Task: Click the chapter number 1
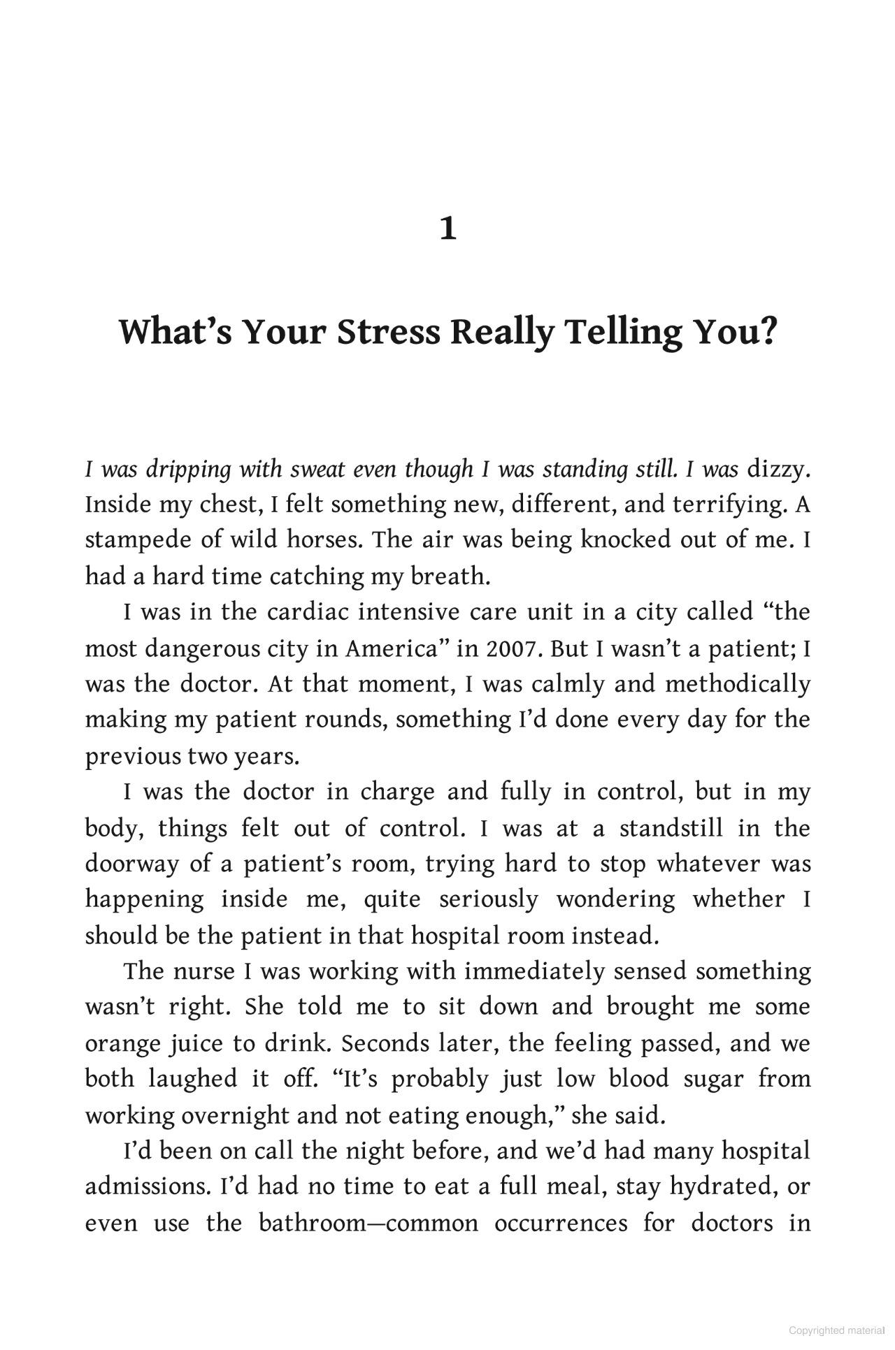[x=448, y=229]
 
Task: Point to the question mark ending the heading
[x=767, y=332]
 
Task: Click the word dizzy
[x=777, y=470]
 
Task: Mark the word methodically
[x=738, y=684]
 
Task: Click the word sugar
[x=713, y=1079]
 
